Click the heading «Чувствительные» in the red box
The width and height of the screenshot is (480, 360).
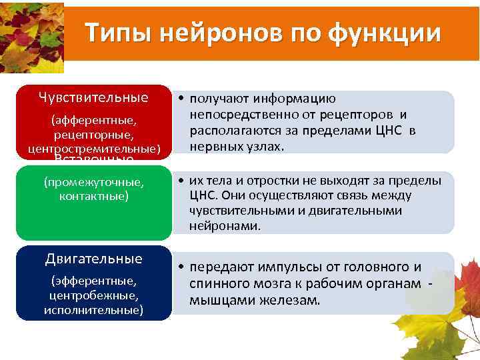(x=93, y=98)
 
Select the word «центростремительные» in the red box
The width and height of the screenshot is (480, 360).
(x=93, y=147)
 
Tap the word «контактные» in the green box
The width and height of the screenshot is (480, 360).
(x=93, y=196)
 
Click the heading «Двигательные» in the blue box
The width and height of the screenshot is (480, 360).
(x=93, y=259)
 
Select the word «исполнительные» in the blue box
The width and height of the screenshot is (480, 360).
(x=93, y=310)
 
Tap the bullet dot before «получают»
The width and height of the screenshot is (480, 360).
(x=181, y=99)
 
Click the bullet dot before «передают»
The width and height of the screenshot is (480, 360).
(x=181, y=267)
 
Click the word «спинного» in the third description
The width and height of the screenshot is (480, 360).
(x=220, y=283)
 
